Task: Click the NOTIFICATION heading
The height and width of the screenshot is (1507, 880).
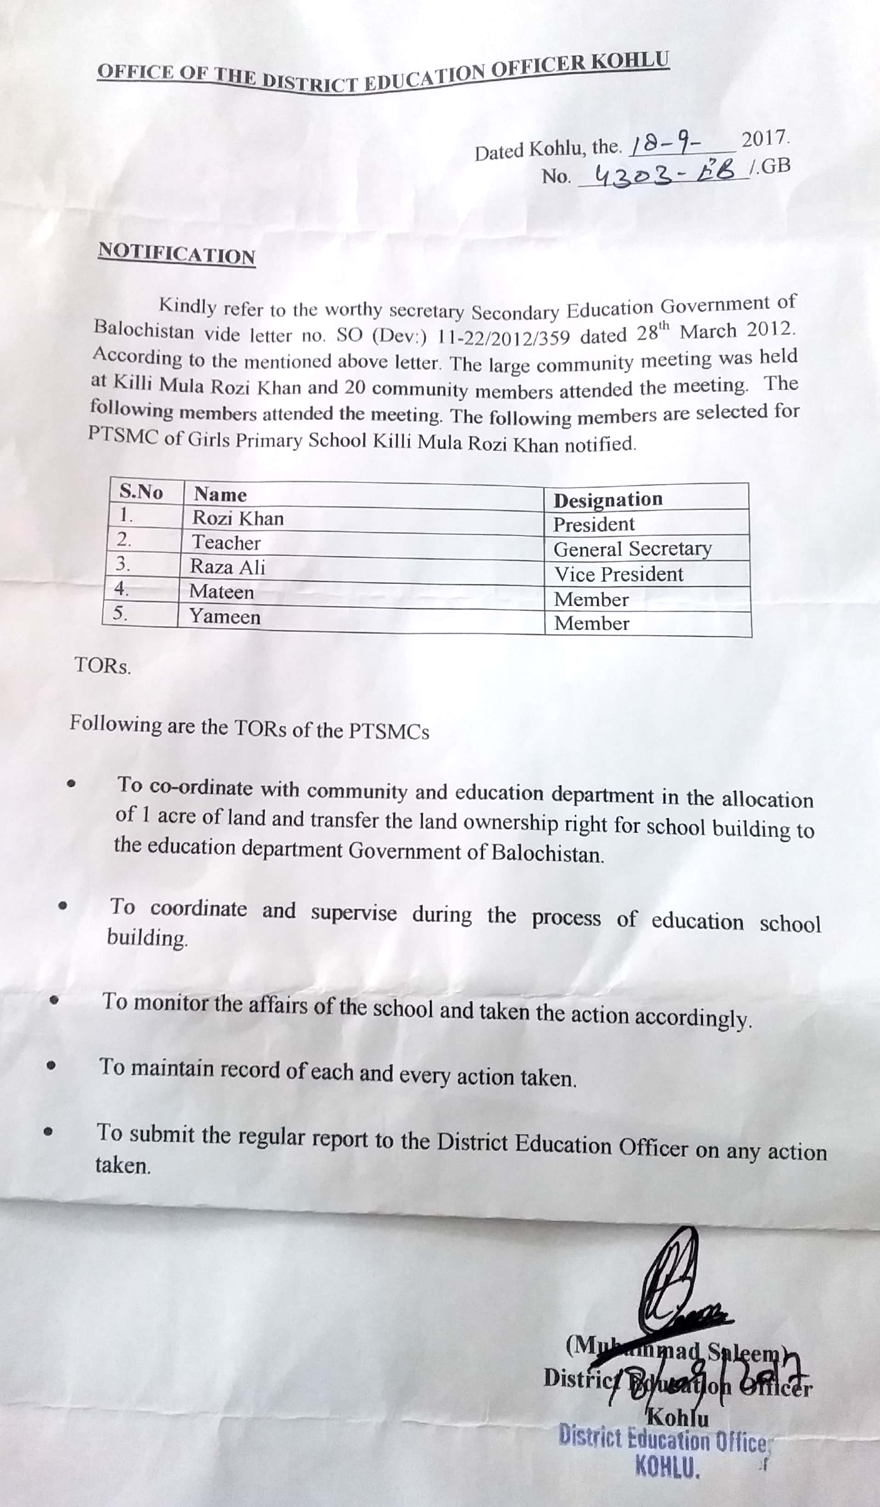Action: click(x=177, y=254)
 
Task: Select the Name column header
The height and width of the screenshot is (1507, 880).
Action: click(x=220, y=494)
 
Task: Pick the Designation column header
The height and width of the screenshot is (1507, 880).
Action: click(x=608, y=499)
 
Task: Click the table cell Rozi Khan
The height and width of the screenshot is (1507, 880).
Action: click(x=238, y=518)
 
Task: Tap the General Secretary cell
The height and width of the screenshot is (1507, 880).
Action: click(x=632, y=549)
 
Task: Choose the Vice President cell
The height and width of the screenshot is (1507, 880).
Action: click(x=619, y=575)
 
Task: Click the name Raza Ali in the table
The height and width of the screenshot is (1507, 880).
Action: click(x=228, y=567)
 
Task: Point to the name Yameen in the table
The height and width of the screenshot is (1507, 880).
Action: click(x=225, y=617)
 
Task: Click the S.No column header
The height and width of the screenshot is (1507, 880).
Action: click(x=141, y=492)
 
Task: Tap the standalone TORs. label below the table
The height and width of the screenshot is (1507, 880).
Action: click(x=103, y=666)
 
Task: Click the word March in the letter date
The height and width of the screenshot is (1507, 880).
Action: click(x=707, y=331)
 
